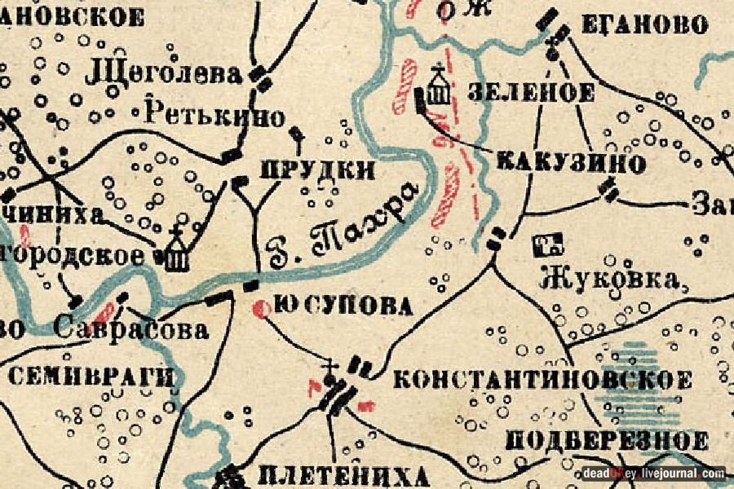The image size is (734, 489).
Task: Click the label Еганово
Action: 643,25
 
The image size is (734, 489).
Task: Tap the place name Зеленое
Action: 531,92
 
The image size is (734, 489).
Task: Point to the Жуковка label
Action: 611,279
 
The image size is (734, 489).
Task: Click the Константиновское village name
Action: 542,379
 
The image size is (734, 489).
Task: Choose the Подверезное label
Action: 607,440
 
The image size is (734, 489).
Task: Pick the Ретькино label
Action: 214,115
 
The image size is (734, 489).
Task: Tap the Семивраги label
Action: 91,377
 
